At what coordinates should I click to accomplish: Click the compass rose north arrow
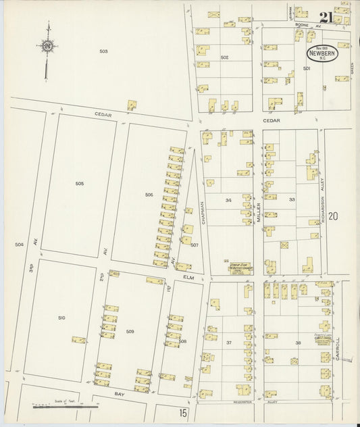47,47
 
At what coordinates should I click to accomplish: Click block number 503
103,51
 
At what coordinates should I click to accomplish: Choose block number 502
224,57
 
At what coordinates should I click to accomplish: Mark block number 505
79,183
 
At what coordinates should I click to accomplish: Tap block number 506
149,195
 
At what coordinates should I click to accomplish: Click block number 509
130,331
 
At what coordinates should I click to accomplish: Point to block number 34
228,200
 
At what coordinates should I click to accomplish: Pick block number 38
298,343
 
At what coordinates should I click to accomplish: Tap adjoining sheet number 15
183,411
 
